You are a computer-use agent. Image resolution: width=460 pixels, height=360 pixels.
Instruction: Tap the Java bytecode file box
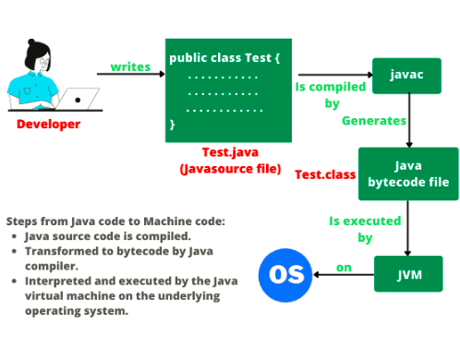(x=408, y=174)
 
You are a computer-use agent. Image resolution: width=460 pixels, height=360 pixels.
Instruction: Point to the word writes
(x=131, y=66)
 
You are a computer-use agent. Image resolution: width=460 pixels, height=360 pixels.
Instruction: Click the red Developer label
(x=48, y=124)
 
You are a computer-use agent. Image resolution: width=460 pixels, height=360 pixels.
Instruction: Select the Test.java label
(x=229, y=151)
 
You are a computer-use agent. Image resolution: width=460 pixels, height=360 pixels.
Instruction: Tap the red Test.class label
(x=321, y=174)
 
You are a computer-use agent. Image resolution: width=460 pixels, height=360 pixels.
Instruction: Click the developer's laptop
(x=82, y=97)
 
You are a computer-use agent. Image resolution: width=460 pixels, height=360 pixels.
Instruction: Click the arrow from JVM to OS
(x=343, y=273)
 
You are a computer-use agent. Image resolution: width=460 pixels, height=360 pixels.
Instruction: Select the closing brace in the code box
(x=173, y=122)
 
